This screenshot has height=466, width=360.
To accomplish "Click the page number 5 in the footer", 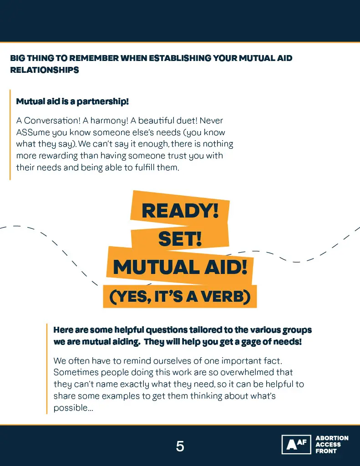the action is tap(180, 446).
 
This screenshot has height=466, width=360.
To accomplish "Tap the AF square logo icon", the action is tap(296, 445).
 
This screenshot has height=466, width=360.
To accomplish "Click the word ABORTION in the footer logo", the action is tap(332, 438).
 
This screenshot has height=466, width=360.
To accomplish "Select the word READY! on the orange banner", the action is tap(180, 210).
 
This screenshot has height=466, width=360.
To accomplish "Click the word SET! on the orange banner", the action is tap(180, 239).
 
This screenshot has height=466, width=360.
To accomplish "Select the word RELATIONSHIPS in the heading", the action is tap(45, 70).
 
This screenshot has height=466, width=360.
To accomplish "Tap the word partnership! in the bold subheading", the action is tap(103, 101).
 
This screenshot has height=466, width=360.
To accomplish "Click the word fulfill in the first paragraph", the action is tap(144, 167).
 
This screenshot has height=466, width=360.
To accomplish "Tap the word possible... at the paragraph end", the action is tap(73, 408).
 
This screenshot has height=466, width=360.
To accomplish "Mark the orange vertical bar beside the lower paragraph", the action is tap(47, 369).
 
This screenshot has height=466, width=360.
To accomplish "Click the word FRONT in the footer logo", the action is tap(326, 451).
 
